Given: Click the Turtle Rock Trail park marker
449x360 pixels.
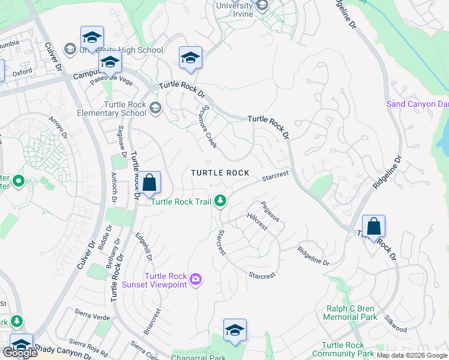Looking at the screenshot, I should click(x=221, y=201).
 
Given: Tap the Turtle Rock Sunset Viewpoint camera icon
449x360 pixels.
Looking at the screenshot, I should click(x=196, y=279).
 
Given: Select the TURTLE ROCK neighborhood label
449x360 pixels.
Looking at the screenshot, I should click(x=220, y=173).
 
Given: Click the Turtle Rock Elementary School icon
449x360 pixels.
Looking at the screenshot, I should click(x=155, y=108).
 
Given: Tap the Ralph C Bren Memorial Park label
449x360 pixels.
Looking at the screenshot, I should click(x=351, y=313).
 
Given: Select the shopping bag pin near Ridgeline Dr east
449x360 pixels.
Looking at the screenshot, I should click(x=373, y=227).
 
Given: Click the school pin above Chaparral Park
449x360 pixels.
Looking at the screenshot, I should click(x=235, y=330).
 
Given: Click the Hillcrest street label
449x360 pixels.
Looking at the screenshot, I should click(x=257, y=221).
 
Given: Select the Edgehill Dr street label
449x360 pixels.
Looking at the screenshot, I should click(x=144, y=247).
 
